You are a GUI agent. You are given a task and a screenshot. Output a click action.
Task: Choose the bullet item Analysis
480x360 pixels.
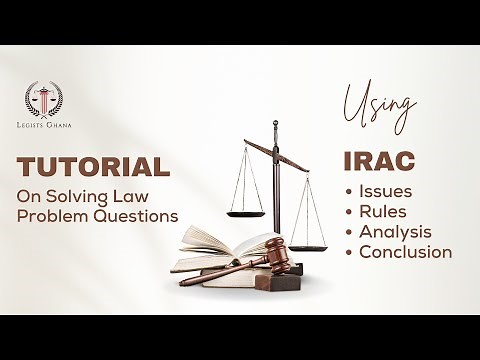pos(394,231)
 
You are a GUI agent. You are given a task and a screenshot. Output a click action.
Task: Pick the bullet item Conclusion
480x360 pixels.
pos(405,251)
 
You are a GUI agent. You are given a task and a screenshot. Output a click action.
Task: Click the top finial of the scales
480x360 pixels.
pos(276,126)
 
